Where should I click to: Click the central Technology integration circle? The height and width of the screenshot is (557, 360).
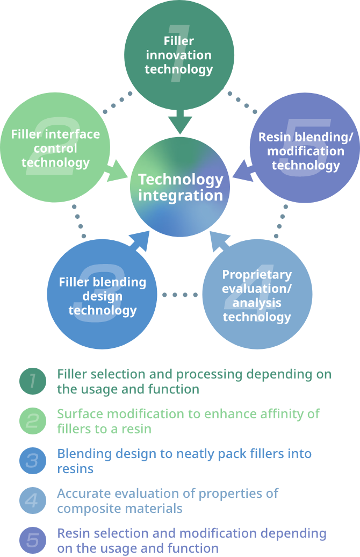coord(180,187)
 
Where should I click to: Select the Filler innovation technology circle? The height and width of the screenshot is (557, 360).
coord(179,55)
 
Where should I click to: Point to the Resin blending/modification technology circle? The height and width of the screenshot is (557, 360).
coord(305,151)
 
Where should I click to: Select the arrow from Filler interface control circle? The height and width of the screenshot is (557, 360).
coord(117,174)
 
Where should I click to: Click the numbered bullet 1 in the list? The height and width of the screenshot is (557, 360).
coord(33,381)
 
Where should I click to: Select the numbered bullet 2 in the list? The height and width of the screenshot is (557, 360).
coord(33,421)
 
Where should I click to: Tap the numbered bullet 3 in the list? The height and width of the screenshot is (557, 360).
coord(33,461)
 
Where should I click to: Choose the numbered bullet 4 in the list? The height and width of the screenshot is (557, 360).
coord(33,501)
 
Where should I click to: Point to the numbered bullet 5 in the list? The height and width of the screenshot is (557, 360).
coord(33,540)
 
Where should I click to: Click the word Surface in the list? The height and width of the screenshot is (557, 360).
coord(76,414)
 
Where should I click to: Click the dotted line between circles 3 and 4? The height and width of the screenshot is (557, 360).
coord(179,295)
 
